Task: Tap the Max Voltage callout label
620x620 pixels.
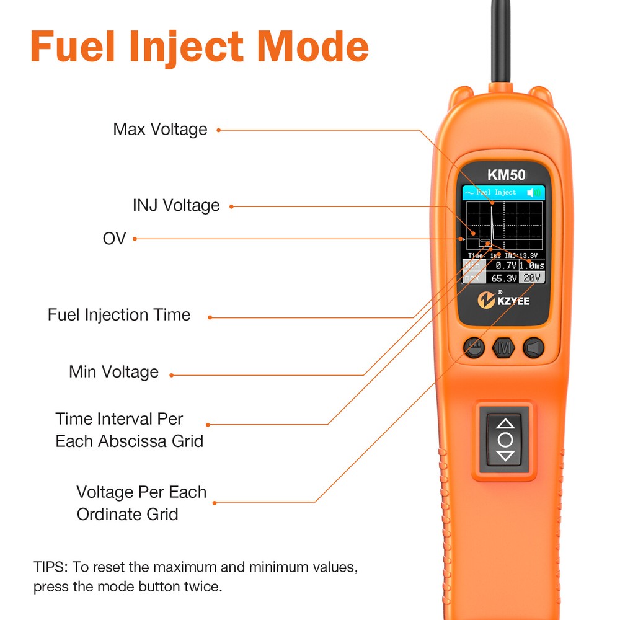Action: tap(160, 129)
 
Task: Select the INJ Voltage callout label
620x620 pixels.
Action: tap(176, 205)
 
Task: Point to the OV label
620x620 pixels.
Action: tap(114, 238)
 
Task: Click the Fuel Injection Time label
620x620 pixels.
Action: tap(119, 315)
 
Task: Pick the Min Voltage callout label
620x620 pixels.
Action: tap(113, 372)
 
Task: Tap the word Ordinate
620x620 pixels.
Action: tap(128, 514)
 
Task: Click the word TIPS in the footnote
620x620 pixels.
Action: tap(51, 567)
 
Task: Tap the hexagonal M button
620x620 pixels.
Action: tap(503, 348)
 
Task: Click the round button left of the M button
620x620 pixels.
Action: tap(474, 348)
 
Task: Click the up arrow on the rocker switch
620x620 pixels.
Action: tap(506, 424)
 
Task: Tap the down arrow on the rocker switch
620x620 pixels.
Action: tap(506, 456)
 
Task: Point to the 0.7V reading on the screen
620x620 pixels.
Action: tap(505, 265)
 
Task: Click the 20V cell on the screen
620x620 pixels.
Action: tap(532, 278)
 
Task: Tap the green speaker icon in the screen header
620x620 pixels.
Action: tap(533, 193)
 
